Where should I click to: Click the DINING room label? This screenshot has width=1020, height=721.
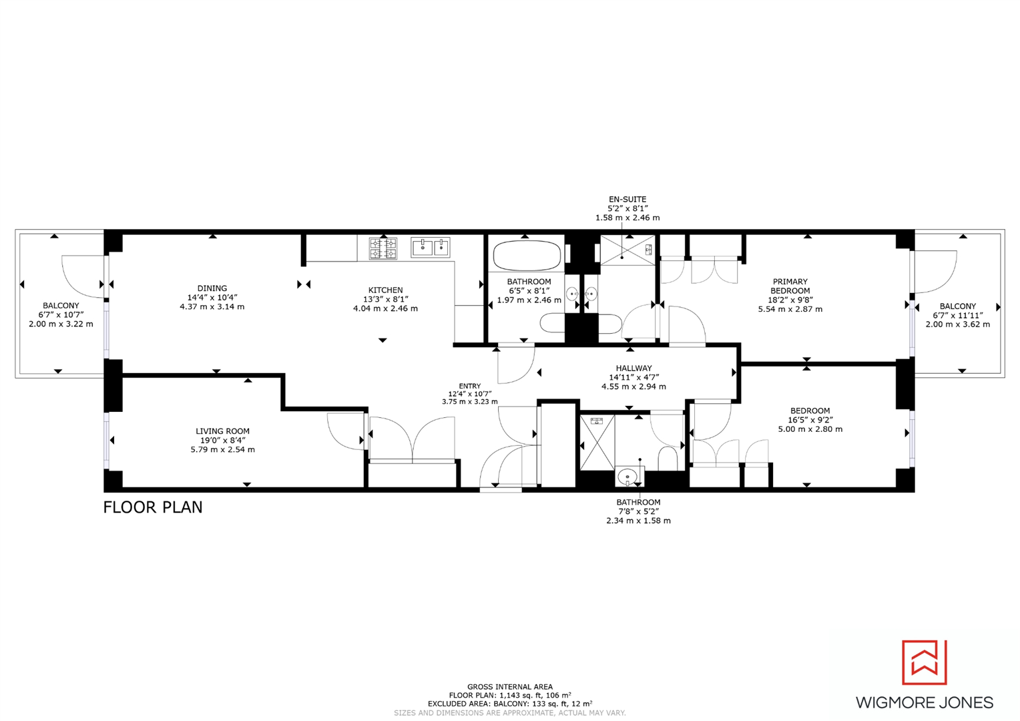(x=212, y=288)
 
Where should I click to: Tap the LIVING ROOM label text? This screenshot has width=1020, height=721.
(x=222, y=431)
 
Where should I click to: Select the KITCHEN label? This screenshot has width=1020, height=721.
(x=385, y=290)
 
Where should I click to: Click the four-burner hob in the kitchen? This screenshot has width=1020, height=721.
(x=383, y=249)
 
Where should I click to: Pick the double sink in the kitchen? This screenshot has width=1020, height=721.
(x=431, y=248)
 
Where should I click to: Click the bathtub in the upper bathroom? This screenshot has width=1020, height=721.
(x=527, y=255)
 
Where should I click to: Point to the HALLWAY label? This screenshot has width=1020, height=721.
(x=633, y=368)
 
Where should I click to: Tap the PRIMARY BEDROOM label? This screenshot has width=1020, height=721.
(x=790, y=286)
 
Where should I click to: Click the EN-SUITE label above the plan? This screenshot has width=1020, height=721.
(x=627, y=199)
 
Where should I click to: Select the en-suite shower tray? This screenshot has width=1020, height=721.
(x=627, y=250)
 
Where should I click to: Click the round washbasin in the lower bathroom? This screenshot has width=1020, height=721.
(x=627, y=477)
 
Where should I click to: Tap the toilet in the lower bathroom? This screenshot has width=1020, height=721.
(x=667, y=459)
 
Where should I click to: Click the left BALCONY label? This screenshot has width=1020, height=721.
(x=61, y=305)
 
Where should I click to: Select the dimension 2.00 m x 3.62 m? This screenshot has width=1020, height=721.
(x=957, y=324)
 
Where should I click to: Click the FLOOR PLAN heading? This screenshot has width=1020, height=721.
(x=153, y=507)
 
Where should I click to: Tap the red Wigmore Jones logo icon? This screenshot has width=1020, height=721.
(x=925, y=662)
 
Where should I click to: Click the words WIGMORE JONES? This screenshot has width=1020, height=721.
(x=925, y=702)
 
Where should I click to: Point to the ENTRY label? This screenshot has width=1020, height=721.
(x=469, y=386)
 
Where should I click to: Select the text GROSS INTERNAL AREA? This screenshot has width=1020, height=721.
(x=509, y=686)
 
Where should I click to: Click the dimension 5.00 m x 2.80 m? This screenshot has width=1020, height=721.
(x=810, y=429)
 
